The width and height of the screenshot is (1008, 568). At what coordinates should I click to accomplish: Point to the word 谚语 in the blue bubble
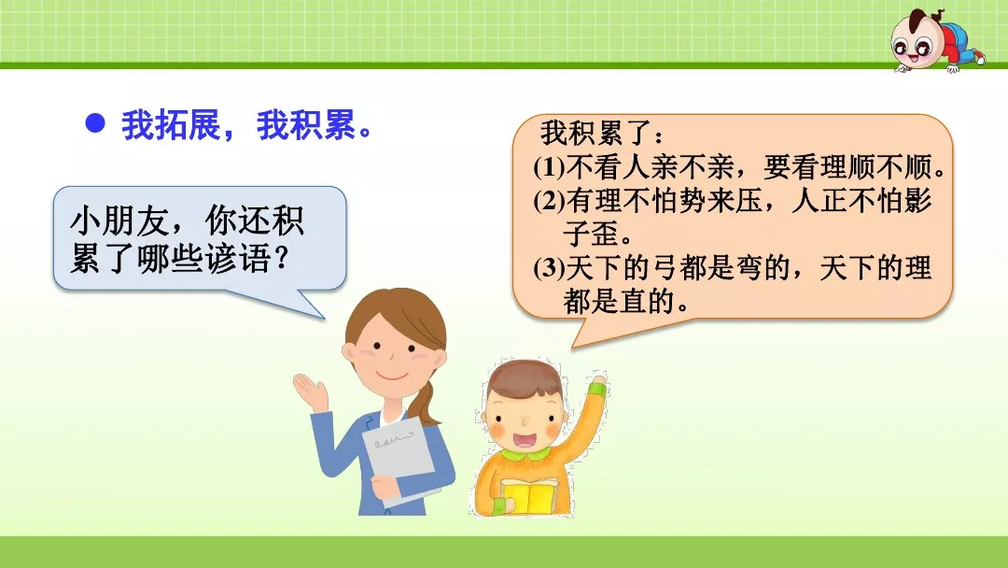(x=238, y=259)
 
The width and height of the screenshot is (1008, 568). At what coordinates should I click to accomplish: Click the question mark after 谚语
(x=277, y=259)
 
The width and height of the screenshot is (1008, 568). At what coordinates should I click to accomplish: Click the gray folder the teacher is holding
(x=402, y=459)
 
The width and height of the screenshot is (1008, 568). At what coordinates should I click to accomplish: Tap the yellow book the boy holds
(x=529, y=496)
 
